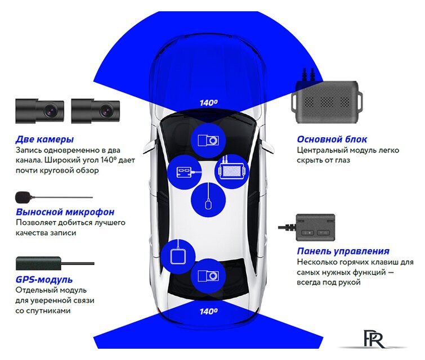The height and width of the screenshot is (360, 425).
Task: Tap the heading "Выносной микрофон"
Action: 65,212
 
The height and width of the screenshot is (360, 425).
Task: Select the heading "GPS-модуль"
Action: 44,280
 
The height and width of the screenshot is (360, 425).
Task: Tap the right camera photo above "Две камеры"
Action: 96,111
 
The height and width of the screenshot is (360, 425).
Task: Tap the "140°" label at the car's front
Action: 208,103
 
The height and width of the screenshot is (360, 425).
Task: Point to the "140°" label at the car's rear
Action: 208,310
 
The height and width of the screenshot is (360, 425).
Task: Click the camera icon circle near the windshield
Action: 208,140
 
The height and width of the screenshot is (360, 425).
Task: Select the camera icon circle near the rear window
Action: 208,276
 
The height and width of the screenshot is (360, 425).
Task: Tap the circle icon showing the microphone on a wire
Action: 208,200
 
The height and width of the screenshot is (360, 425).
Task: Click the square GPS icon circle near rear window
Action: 178,256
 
